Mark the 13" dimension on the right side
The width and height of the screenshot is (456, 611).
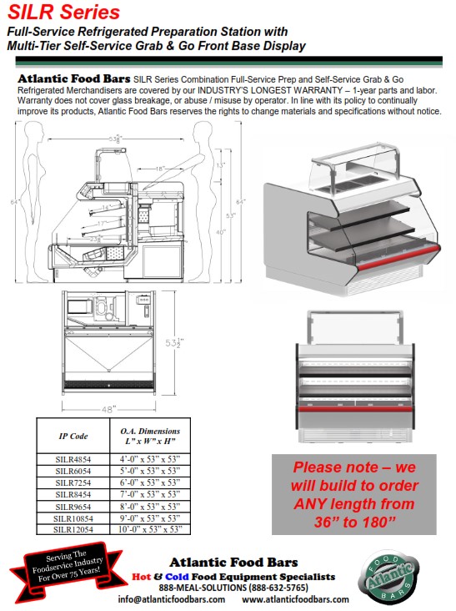point(219,165)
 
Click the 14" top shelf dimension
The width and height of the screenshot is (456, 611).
point(107,206)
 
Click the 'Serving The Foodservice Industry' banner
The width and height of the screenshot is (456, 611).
point(62,572)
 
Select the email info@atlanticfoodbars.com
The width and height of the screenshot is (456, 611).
point(173,598)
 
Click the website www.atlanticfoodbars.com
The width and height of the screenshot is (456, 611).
point(295,598)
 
